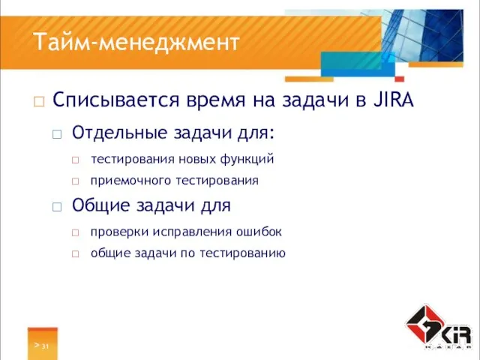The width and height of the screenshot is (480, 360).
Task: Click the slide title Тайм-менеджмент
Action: (136, 42)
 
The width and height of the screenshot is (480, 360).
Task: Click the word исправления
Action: (187, 231)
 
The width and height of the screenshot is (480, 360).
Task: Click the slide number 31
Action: (45, 346)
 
